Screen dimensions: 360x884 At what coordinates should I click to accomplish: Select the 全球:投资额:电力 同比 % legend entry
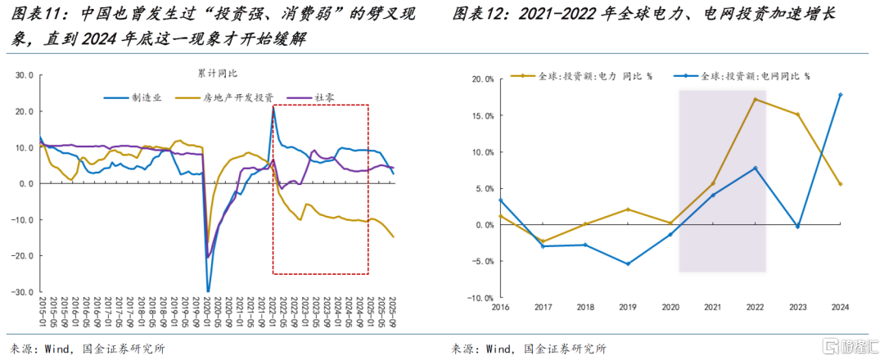point(580,75)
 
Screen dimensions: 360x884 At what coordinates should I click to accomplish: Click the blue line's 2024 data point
point(841,95)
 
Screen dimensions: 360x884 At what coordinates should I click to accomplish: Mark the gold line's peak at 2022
point(754,100)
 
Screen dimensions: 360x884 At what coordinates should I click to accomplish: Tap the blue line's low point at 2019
point(626,263)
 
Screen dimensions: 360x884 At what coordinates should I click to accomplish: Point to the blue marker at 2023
point(797,227)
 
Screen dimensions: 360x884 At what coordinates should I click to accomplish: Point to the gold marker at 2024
point(841,184)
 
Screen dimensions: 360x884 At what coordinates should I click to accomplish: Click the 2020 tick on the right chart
point(669,307)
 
